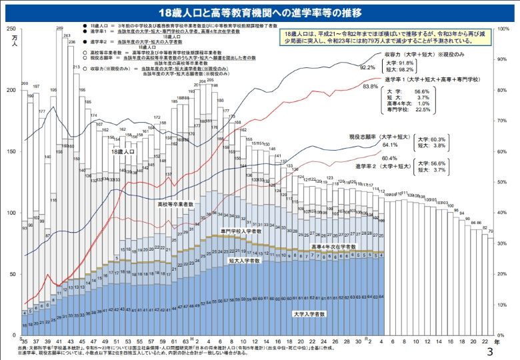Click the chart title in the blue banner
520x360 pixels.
[259, 13]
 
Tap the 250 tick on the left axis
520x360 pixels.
[9, 29]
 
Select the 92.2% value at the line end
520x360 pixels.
[368, 67]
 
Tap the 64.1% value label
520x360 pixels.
[389, 144]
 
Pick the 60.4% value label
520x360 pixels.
[389, 158]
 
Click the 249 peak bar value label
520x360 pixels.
[59, 29]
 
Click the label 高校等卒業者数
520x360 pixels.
[175, 204]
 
